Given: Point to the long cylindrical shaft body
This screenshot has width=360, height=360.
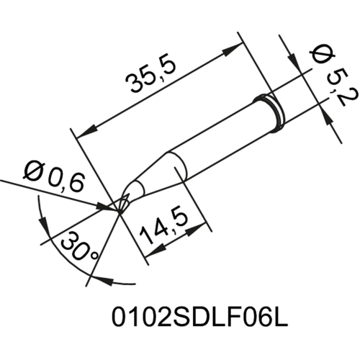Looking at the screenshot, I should click(x=216, y=144).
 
